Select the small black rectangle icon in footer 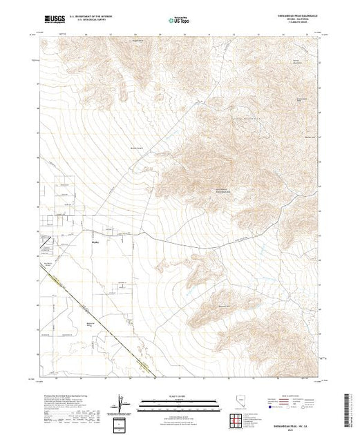click(122, 423)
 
